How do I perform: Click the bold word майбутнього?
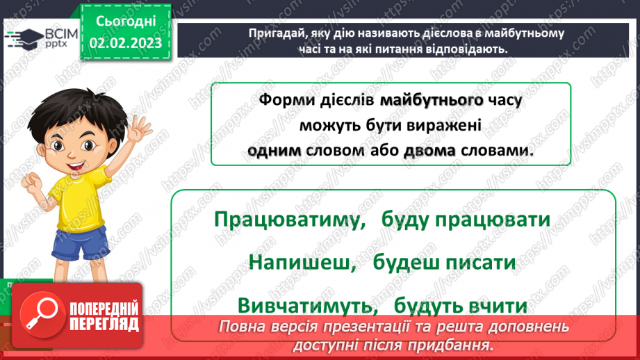point(432,101)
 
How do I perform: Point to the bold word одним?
point(274,151)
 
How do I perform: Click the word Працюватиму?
point(290,220)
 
